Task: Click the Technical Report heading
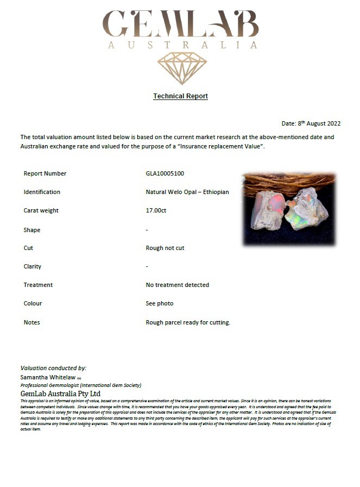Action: [x=180, y=96]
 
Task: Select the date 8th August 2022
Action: [x=311, y=123]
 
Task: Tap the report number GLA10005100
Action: [x=165, y=174]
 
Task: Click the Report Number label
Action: [x=45, y=174]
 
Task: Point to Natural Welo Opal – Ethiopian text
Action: [x=187, y=192]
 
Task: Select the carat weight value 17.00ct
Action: [x=156, y=211]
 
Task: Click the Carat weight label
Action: [x=41, y=211]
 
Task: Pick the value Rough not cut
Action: [x=165, y=248]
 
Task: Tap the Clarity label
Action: [x=33, y=266]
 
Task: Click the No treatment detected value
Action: [x=177, y=285]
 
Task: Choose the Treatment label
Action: [x=38, y=285]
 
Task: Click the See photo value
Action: [x=160, y=303]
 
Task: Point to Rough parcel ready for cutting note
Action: [x=188, y=322]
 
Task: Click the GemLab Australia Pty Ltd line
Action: [x=60, y=394]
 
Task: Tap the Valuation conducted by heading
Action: [x=53, y=368]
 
